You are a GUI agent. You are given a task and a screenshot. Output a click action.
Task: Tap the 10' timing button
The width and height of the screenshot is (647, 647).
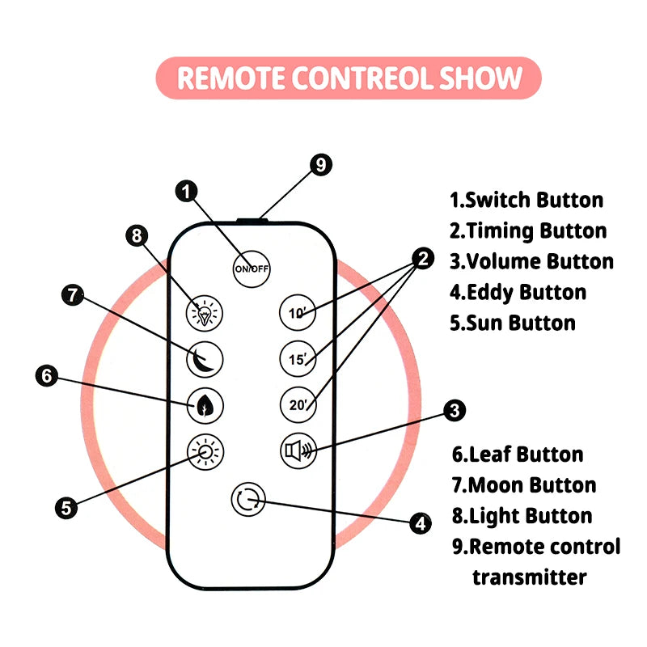tap(296, 312)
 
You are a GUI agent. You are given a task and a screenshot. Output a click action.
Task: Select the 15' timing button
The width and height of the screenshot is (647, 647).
tap(296, 357)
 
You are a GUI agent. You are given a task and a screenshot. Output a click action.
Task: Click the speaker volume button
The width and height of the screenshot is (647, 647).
tap(297, 450)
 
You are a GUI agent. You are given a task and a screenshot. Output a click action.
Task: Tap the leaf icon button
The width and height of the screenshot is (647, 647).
tap(205, 404)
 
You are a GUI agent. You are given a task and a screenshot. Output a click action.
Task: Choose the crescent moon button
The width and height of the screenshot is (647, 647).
tap(205, 357)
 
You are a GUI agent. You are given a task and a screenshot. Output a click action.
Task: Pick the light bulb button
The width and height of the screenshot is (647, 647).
tap(205, 313)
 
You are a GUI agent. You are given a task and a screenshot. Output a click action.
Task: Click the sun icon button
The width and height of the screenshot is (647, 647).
tap(205, 450)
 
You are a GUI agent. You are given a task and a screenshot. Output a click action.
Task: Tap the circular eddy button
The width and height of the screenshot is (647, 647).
tap(248, 501)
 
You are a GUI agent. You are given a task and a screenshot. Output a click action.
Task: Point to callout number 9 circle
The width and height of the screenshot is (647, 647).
tap(321, 164)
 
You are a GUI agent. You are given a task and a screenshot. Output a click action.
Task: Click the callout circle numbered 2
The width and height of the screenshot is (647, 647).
tap(421, 260)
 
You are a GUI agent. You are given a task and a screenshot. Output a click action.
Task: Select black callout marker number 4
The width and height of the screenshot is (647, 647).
tap(419, 523)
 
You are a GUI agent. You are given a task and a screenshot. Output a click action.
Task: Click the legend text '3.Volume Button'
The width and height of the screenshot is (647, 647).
tap(531, 261)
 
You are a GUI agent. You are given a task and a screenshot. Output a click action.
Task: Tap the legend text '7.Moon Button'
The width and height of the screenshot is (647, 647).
tap(523, 485)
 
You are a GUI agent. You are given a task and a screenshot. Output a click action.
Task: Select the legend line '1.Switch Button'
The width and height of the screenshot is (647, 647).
tap(526, 200)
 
